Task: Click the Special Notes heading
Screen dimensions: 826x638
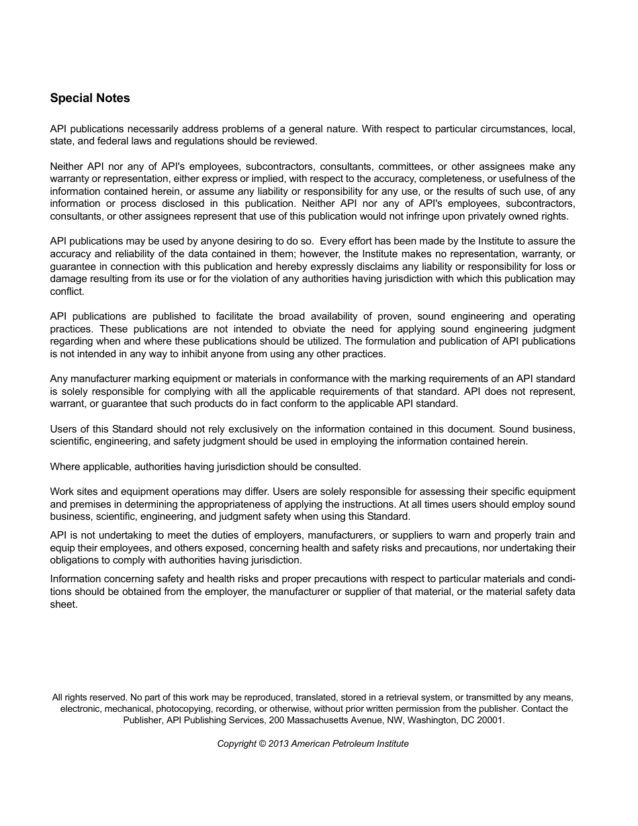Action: [x=90, y=98]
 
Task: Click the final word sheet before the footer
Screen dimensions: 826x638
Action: [x=64, y=604]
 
